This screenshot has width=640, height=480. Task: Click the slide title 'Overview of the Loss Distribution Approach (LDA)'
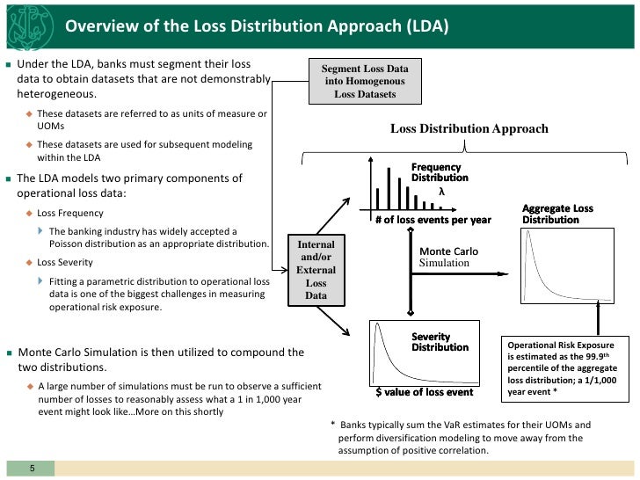pos(258,25)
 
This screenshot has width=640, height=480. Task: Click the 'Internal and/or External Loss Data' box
pos(316,270)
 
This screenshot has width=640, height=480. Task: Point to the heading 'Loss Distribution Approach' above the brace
pos(469,129)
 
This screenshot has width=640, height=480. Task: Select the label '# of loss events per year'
pos(433,220)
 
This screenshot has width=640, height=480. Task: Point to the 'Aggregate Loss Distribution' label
pos(557,214)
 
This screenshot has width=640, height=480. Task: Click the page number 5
pos(31,468)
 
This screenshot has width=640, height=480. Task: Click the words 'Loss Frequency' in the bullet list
pos(70,213)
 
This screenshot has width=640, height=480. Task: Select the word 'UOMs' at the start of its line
pos(51,126)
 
